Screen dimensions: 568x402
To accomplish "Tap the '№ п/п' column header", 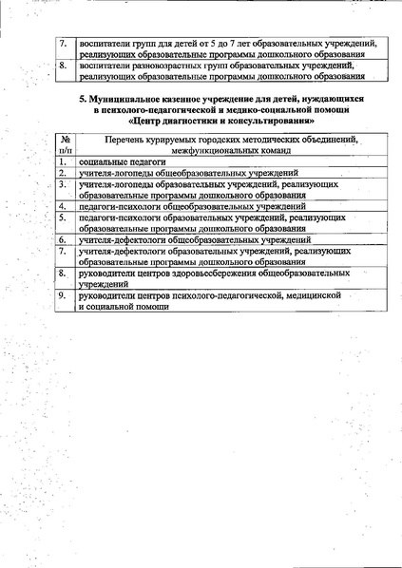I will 65,144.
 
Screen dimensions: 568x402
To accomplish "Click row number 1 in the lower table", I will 62,162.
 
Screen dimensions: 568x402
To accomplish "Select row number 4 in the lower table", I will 62,205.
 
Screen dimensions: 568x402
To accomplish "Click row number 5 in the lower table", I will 62,217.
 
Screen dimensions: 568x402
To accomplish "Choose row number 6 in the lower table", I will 62,239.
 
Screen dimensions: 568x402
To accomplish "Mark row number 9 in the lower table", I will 62,295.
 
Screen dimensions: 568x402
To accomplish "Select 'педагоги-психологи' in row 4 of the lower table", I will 120,205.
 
